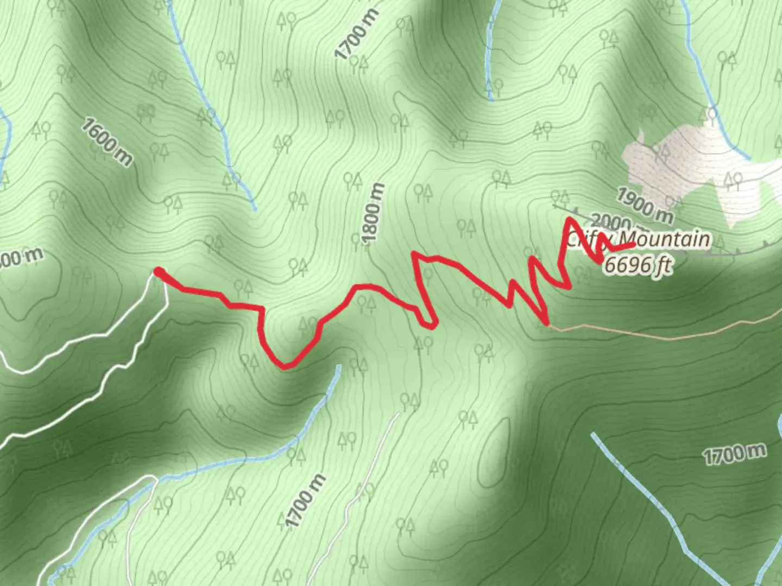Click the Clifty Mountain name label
coord(639,239)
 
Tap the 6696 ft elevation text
coord(639,265)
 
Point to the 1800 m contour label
coord(373,214)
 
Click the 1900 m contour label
coord(645,206)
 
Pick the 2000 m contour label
coord(610,221)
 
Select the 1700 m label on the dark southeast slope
coord(735,453)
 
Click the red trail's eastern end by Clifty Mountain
coord(633,245)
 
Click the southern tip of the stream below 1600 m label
coord(254,209)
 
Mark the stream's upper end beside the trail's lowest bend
coord(338,367)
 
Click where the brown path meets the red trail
coord(547,324)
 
